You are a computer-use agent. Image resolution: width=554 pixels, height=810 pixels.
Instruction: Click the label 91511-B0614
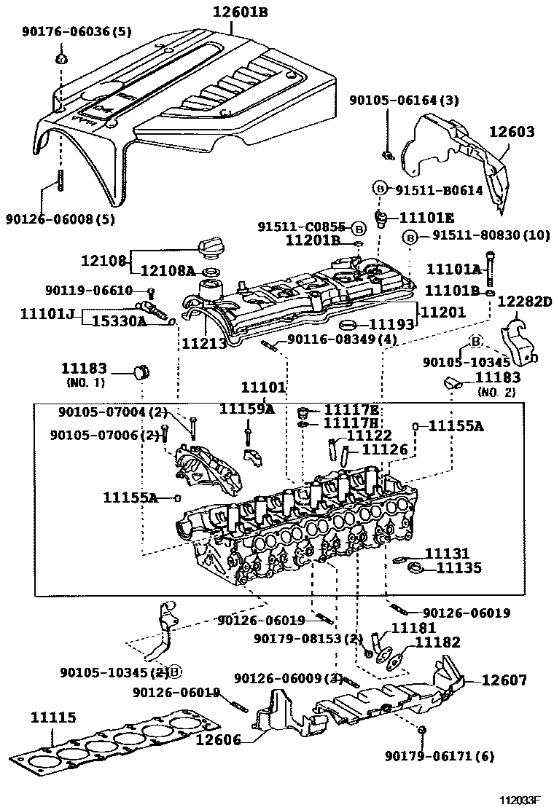pos(439,190)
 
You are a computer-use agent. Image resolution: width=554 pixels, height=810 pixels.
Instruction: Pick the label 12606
pos(218,741)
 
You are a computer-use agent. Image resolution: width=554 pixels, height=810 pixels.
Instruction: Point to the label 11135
pos(459,568)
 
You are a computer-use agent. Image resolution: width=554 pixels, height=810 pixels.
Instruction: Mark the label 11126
pos(385,449)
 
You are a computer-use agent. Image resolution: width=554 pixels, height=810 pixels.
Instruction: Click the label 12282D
pos(526,301)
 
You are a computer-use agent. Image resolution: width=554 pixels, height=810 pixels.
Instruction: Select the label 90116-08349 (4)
pos(342,339)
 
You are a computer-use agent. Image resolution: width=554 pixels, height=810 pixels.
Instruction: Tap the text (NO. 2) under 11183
pos(498,392)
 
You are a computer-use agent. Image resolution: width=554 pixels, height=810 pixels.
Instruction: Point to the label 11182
pos(437,642)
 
